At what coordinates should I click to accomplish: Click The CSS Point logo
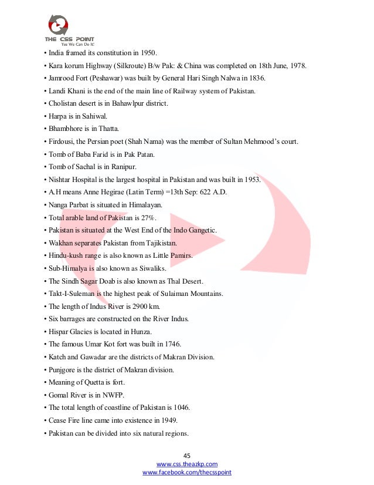[69, 29]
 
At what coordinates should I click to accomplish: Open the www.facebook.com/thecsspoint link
[187, 472]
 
